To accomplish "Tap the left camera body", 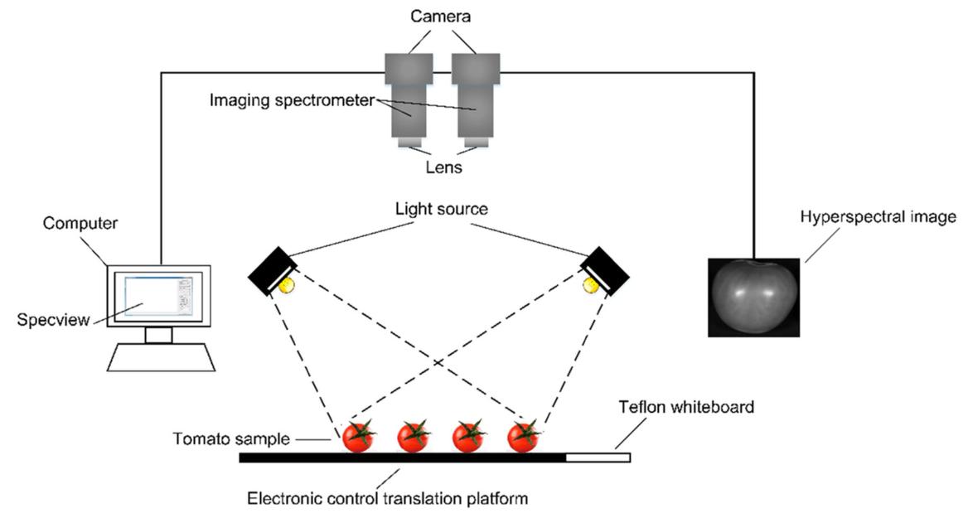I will tap(409, 67).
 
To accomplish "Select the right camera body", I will tap(476, 67).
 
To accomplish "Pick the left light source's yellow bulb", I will tap(286, 284).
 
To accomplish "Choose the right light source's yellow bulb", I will tap(590, 284).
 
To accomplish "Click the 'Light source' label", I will tap(442, 211).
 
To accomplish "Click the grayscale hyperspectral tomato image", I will tap(755, 296).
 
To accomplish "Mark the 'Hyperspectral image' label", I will tap(878, 217).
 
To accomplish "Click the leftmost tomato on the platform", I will tap(359, 436).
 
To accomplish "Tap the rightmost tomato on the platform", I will tap(524, 436).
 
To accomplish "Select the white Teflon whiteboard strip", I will tap(598, 457).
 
